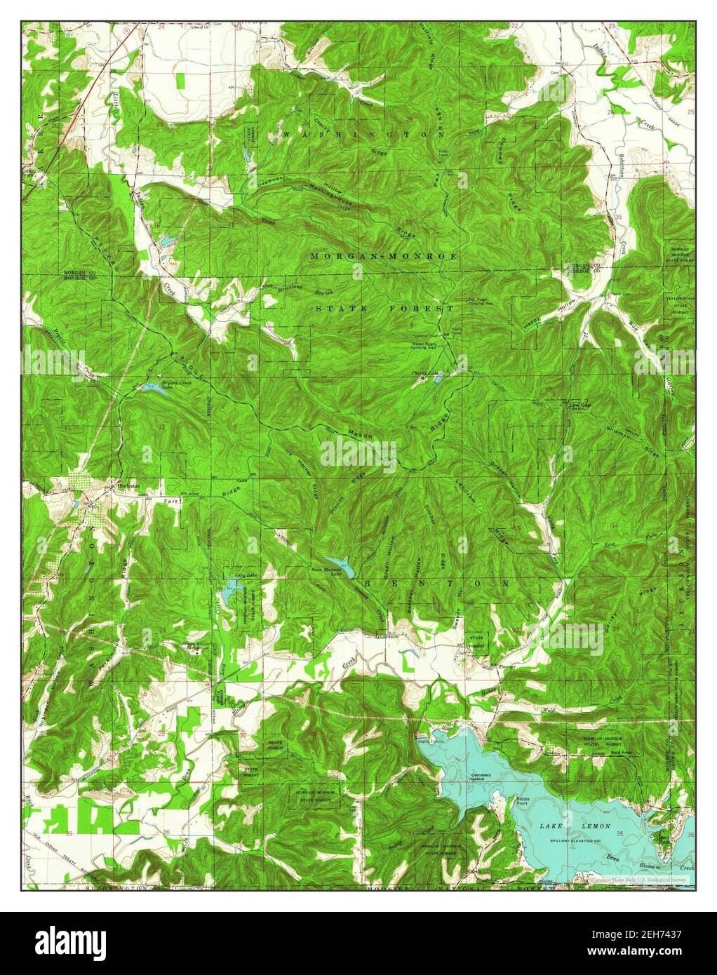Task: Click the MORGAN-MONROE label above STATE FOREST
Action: click(384, 257)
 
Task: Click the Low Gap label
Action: click(579, 405)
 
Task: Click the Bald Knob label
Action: click(617, 749)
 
